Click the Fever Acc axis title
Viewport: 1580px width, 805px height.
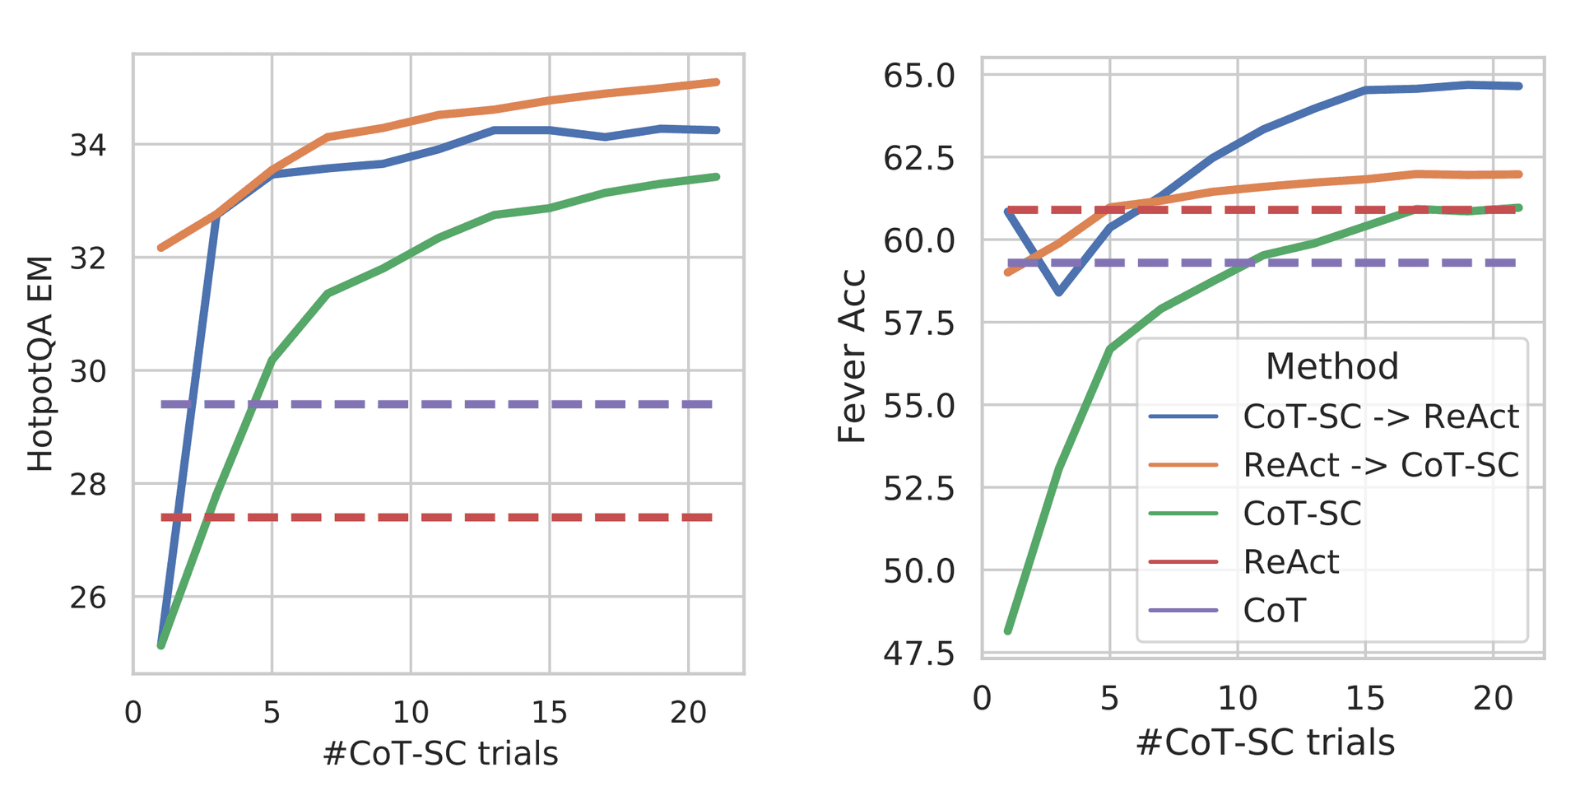(x=852, y=356)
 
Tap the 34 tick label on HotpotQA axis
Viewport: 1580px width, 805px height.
(x=87, y=146)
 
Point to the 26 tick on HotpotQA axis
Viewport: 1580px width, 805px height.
(x=87, y=598)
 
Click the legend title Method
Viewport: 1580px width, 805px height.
(x=1331, y=366)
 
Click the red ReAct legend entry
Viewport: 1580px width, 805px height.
(x=1290, y=562)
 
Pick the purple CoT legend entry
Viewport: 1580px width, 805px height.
(x=1274, y=611)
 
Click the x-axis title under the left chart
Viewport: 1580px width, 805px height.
(x=440, y=753)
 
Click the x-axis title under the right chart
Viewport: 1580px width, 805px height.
(x=1265, y=742)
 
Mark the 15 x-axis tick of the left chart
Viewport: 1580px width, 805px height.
(x=549, y=712)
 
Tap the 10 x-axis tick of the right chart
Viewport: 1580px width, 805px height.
(x=1237, y=699)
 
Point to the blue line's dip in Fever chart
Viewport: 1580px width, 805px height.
(x=1059, y=292)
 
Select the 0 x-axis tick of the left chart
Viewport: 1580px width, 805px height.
(x=133, y=712)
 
